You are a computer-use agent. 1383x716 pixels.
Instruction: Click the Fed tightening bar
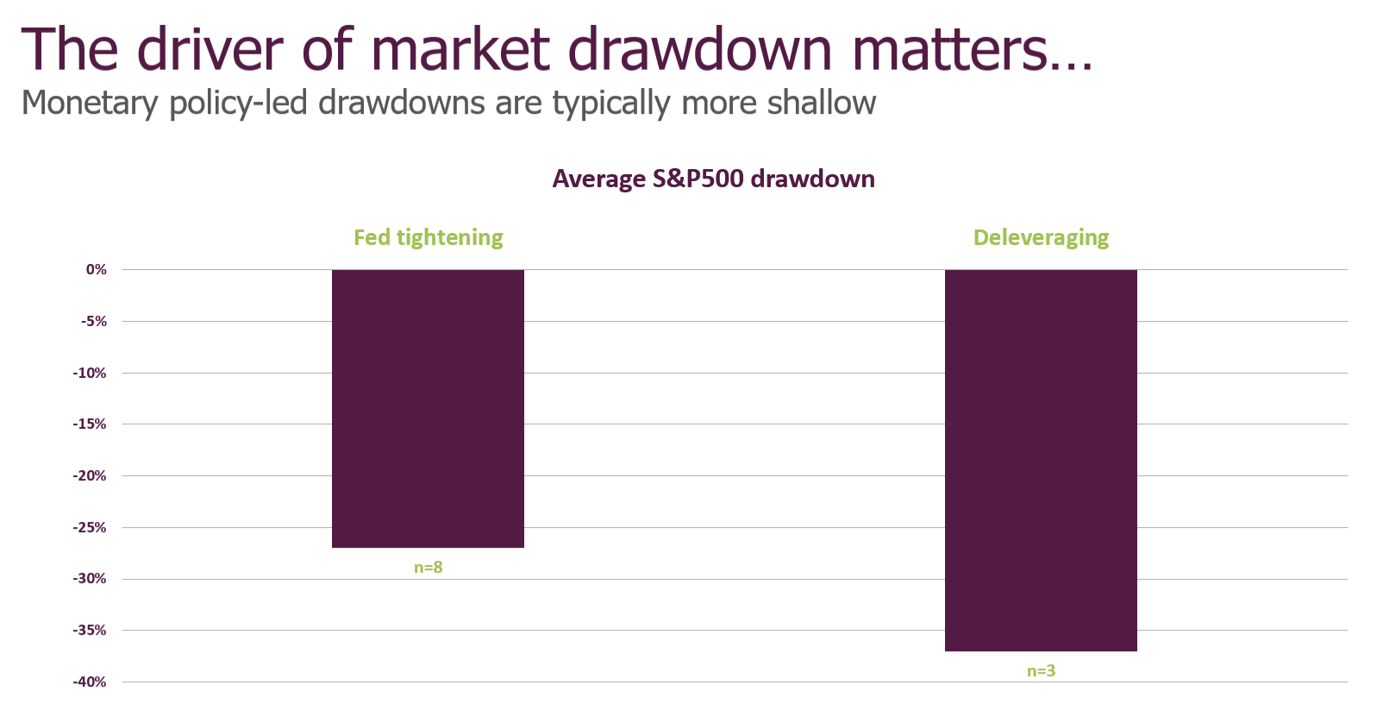pos(428,408)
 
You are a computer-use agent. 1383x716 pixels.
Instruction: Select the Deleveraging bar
pos(1041,460)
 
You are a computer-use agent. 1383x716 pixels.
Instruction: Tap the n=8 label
pos(428,568)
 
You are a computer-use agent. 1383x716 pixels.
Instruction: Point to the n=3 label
pos(1041,671)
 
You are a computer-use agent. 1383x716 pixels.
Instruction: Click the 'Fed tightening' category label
pos(428,237)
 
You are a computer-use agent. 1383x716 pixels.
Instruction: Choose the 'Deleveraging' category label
pos(1041,237)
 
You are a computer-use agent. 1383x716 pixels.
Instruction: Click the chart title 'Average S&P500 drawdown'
pos(713,179)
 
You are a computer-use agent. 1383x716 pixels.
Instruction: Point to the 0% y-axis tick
pos(97,270)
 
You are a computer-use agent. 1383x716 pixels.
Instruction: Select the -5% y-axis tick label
pos(94,322)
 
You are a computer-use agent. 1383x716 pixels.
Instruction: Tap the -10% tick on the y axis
pos(91,374)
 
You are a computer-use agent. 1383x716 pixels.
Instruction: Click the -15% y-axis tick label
pos(91,424)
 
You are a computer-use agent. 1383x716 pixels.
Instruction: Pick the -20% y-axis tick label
pos(91,476)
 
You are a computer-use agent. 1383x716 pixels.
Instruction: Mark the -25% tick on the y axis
pos(91,528)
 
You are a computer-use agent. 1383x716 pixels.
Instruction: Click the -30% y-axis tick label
pos(91,579)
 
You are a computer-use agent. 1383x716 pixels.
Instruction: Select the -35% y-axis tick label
pos(91,631)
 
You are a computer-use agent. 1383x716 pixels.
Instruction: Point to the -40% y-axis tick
pos(91,682)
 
